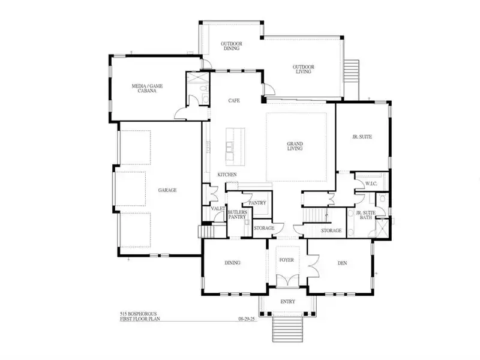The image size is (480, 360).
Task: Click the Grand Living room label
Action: tap(295, 146)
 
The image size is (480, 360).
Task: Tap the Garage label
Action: tap(167, 190)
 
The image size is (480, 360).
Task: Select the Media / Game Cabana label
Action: tap(147, 88)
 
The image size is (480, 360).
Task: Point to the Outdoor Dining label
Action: tap(232, 46)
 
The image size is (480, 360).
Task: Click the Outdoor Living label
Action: tap(304, 69)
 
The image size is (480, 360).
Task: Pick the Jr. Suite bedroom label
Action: tap(362, 137)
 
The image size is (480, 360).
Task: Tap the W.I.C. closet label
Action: tap(371, 184)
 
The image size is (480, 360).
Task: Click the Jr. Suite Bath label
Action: tap(366, 215)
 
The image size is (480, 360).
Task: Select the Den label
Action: tap(342, 263)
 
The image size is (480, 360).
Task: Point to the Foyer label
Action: tap(287, 260)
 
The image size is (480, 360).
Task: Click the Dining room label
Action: tap(232, 263)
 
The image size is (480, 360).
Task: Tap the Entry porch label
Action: tap(288, 302)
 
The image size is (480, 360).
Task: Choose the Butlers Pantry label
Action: tap(237, 215)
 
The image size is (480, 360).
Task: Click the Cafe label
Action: tap(234, 100)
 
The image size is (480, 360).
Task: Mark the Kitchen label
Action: tap(227, 175)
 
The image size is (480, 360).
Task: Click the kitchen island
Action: tap(235, 145)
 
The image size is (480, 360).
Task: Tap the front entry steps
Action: tap(288, 329)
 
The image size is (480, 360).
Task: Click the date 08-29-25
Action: tap(247, 319)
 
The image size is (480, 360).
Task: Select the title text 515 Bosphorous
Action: tap(138, 314)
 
